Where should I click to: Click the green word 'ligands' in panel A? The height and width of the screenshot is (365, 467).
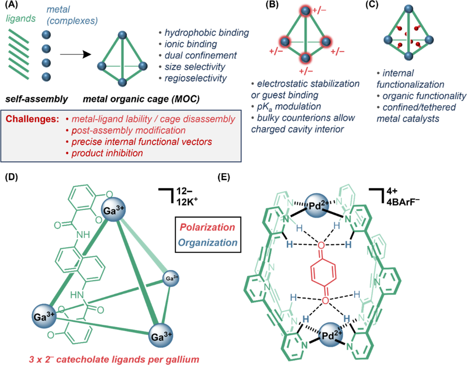coord(19,19)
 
